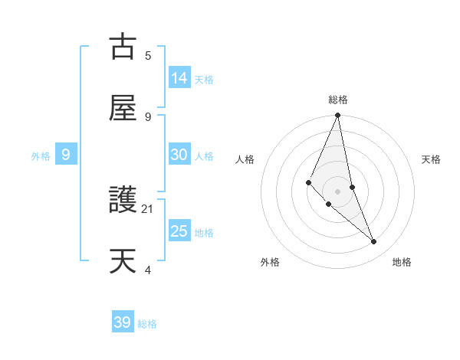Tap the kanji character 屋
(x=123, y=108)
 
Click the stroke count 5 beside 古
(x=148, y=55)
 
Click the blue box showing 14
(x=179, y=77)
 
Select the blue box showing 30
(x=179, y=155)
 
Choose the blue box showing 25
(x=179, y=231)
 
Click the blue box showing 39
(x=123, y=322)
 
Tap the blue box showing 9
(x=66, y=155)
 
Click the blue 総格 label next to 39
(x=148, y=324)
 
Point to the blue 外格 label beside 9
(x=41, y=156)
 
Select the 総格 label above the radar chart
(x=338, y=100)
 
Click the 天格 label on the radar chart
(x=432, y=159)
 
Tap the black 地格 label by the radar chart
(x=402, y=262)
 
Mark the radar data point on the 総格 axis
(x=338, y=116)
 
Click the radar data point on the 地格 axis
(x=374, y=241)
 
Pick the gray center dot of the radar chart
(x=338, y=191)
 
